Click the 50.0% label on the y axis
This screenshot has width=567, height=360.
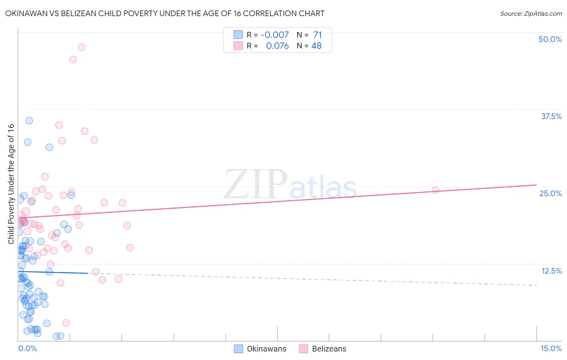click(550, 39)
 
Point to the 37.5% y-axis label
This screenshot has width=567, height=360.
click(551, 116)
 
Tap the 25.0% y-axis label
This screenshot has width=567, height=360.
click(550, 193)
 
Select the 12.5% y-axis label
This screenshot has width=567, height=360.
click(551, 271)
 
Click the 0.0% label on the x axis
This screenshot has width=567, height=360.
click(27, 348)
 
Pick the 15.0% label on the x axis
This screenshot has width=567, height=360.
click(551, 348)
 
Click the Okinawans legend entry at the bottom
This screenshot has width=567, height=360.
click(266, 349)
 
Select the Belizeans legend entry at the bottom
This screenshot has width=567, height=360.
click(329, 349)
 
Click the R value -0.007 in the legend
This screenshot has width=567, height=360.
click(275, 35)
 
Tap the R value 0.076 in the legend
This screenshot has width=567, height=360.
click(277, 46)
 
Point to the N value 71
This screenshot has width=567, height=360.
click(317, 35)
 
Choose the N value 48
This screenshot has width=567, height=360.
click(317, 46)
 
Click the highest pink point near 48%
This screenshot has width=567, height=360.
click(81, 47)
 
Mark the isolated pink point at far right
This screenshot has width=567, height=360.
click(435, 190)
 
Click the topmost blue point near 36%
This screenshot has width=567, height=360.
click(29, 120)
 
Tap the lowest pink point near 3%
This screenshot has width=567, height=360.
click(66, 323)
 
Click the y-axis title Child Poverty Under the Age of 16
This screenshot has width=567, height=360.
click(11, 184)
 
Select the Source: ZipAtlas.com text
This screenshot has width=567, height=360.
click(531, 14)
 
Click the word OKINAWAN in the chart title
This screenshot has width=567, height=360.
click(25, 14)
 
